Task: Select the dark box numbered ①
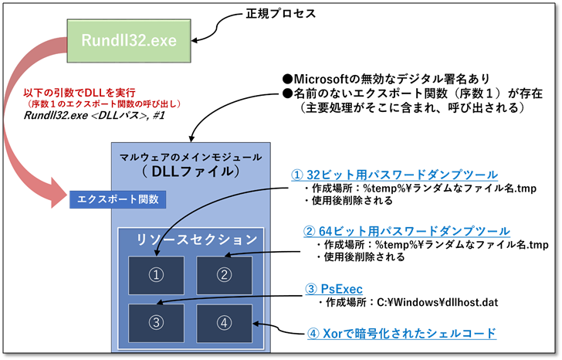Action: pos(157,273)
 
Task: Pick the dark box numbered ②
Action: pos(224,273)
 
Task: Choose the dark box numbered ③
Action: pos(157,321)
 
